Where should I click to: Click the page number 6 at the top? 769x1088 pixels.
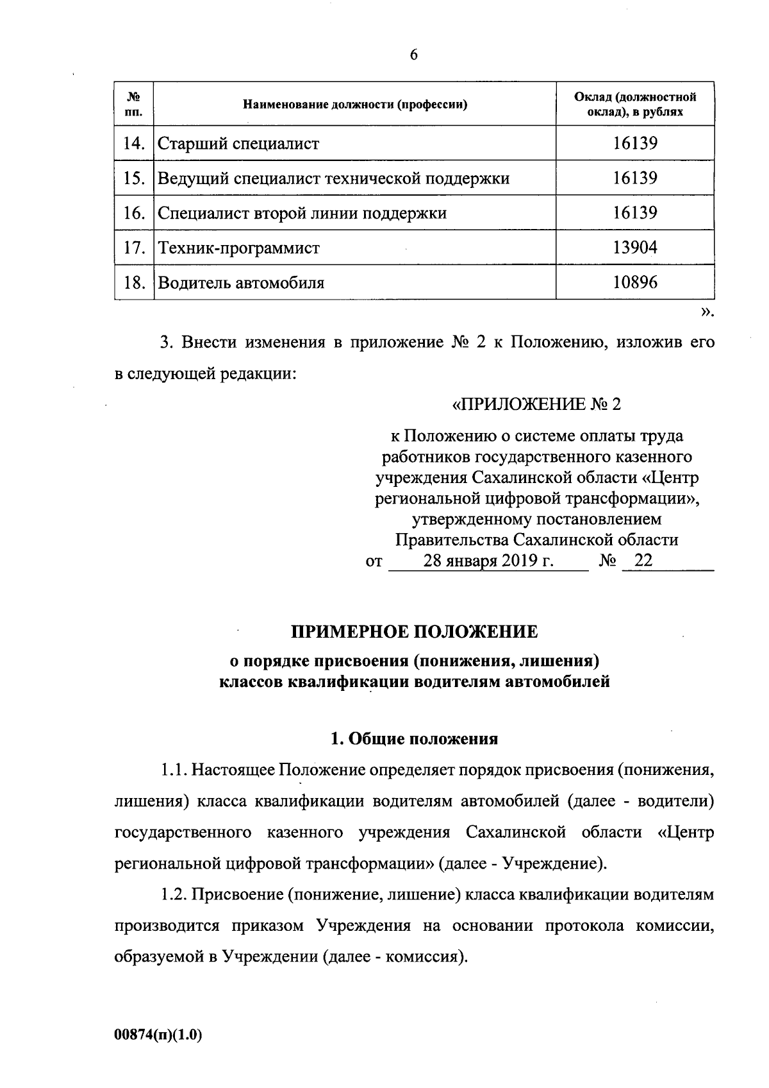(x=413, y=55)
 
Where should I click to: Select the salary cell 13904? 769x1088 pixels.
(x=634, y=247)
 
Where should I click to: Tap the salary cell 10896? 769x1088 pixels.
(x=634, y=282)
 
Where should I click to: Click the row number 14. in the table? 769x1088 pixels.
(x=134, y=143)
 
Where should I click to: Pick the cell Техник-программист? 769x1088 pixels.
(x=238, y=248)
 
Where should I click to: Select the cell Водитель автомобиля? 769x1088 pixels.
(x=241, y=282)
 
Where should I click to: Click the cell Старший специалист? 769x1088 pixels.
(x=238, y=143)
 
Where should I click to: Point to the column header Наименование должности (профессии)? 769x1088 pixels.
(x=354, y=105)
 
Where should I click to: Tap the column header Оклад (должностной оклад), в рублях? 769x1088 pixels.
(x=634, y=104)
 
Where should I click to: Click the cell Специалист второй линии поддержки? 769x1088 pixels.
(x=302, y=213)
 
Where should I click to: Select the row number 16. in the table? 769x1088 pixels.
(x=134, y=213)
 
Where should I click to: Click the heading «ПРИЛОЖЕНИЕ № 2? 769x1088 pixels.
(x=536, y=405)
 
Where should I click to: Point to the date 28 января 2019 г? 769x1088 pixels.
(x=488, y=561)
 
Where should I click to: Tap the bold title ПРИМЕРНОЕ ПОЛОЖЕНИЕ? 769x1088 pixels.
(x=415, y=632)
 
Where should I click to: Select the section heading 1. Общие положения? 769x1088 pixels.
(x=415, y=739)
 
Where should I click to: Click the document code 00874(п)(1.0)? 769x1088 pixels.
(x=158, y=1035)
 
